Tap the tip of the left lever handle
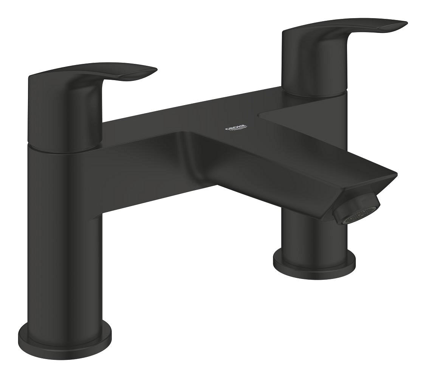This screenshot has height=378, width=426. click(x=153, y=71)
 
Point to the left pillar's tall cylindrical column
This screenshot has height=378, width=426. click(x=64, y=242)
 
